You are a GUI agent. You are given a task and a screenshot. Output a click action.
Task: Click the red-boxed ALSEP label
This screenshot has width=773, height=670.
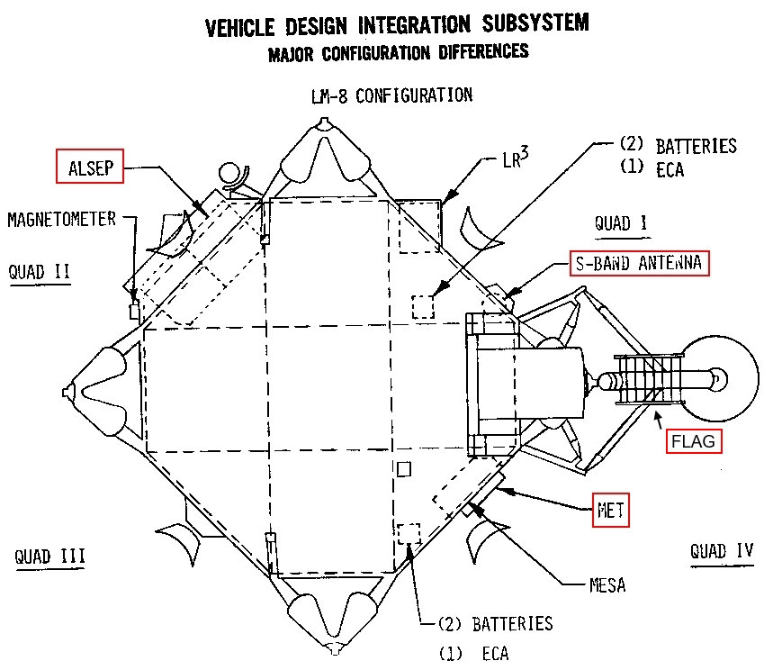[x=87, y=167]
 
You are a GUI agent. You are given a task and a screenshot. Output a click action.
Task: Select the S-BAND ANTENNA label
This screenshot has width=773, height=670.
[x=638, y=265]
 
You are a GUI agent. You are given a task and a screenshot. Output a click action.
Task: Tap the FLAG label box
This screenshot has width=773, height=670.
[x=695, y=442]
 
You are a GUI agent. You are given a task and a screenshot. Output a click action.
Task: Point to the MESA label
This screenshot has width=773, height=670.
[x=607, y=585]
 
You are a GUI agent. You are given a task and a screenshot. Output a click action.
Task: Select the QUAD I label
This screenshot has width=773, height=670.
[x=623, y=222]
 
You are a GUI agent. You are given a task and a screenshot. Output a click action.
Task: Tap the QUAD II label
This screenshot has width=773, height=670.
[x=39, y=271]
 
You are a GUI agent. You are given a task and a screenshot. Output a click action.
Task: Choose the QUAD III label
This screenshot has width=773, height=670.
[x=50, y=556]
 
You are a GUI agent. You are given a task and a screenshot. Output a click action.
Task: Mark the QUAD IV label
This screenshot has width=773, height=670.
[x=722, y=549]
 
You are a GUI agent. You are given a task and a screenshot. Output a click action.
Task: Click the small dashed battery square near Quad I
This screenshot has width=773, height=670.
[x=423, y=306]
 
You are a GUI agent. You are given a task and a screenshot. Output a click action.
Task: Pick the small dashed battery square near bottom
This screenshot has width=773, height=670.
[x=409, y=533]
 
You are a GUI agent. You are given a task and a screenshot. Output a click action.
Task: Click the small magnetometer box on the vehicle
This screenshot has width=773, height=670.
[x=135, y=311]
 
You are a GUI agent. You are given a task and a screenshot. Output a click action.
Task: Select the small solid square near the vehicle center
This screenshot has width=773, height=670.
[x=405, y=468]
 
